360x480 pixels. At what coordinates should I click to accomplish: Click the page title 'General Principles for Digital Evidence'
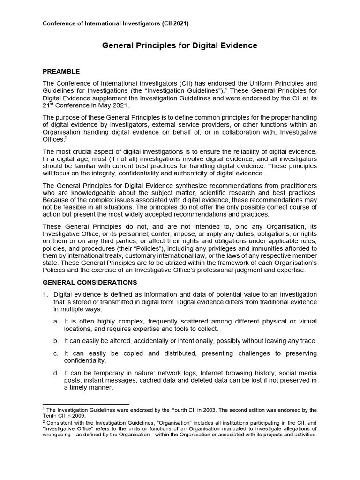click(x=180, y=46)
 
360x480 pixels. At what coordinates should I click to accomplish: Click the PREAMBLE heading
click(x=61, y=72)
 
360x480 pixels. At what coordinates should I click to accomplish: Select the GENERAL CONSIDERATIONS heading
click(x=90, y=282)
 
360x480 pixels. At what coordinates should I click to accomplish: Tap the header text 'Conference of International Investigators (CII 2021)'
click(x=116, y=23)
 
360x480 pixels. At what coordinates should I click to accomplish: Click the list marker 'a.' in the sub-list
click(x=56, y=322)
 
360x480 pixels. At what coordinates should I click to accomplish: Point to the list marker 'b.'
click(x=56, y=341)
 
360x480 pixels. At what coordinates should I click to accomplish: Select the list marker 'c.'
click(x=56, y=353)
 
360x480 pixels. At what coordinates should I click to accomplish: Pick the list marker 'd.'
click(x=56, y=373)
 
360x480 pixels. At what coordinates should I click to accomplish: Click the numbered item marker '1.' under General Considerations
click(x=45, y=294)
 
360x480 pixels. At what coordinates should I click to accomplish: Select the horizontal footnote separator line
click(x=86, y=404)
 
